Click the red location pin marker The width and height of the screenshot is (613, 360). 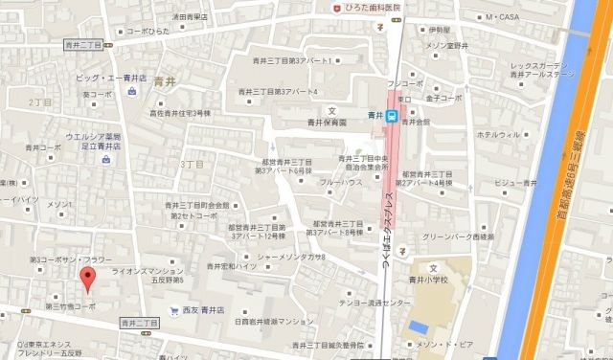pyautogui.click(x=87, y=280)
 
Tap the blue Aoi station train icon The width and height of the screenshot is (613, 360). pyautogui.click(x=392, y=116)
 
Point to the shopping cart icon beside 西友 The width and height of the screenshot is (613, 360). pyautogui.click(x=173, y=311)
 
